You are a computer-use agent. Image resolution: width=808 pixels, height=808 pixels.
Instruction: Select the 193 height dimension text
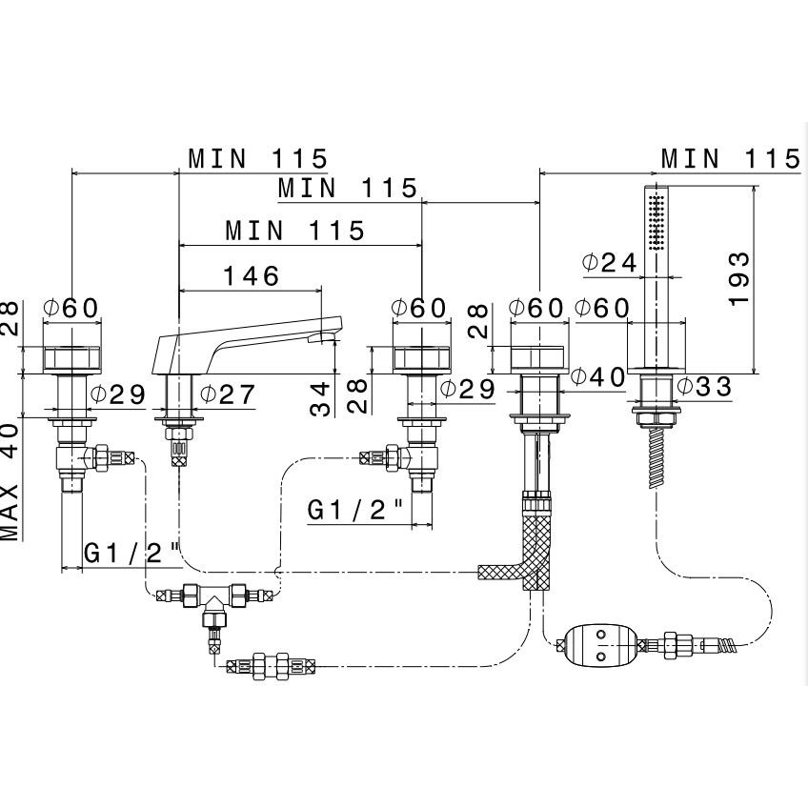pos(739,278)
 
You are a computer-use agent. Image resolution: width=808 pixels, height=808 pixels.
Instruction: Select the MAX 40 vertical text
pos(10,480)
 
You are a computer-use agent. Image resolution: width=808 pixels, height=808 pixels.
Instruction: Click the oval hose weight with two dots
pos(597,646)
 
